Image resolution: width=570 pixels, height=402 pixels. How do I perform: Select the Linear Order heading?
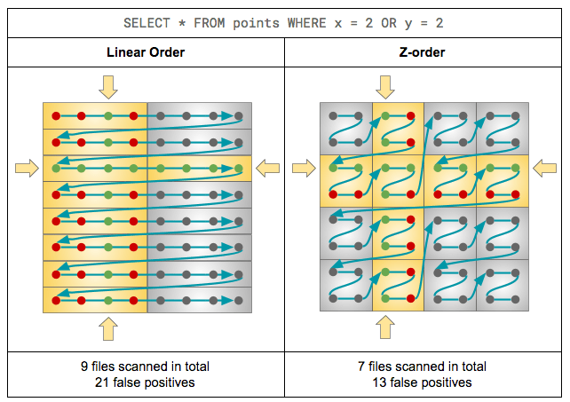pyautogui.click(x=146, y=52)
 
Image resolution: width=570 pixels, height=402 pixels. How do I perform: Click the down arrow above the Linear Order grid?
pyautogui.click(x=108, y=87)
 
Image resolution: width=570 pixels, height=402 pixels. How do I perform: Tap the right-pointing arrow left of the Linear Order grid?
pyautogui.click(x=28, y=167)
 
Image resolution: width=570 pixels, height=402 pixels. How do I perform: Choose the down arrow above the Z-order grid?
pyautogui.click(x=385, y=87)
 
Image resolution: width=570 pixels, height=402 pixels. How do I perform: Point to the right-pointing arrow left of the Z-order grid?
pyautogui.click(x=305, y=167)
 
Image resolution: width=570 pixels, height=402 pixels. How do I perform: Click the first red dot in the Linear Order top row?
pyautogui.click(x=55, y=116)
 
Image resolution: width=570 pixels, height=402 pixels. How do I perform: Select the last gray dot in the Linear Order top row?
pyautogui.click(x=239, y=116)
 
